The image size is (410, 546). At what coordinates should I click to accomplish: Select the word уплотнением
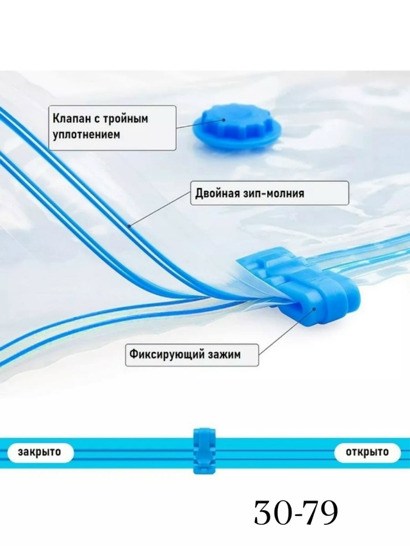pos(86,135)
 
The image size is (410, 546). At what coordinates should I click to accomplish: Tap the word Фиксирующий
pos(167,355)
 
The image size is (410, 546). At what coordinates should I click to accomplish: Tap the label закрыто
pos(39,452)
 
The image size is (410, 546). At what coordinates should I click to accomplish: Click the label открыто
pos(367,452)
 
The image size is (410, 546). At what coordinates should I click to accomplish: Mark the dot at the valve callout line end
pos(223,120)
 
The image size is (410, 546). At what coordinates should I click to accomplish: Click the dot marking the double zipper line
pos(129,227)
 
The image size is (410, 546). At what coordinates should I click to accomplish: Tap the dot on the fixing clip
pos(315,309)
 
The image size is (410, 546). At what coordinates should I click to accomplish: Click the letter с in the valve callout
pos(97,119)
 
